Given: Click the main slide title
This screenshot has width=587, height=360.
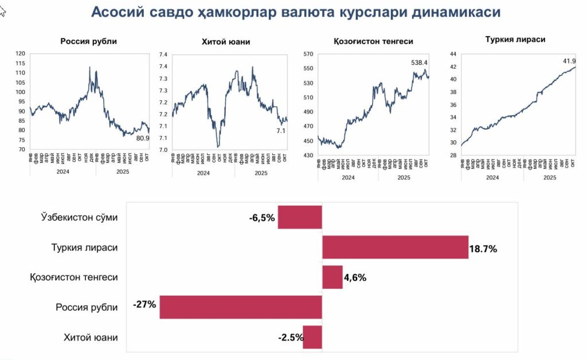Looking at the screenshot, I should pyautogui.click(x=295, y=12).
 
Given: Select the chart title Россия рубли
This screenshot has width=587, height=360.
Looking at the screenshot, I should pyautogui.click(x=89, y=41).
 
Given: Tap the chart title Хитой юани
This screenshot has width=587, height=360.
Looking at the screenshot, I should pyautogui.click(x=226, y=41).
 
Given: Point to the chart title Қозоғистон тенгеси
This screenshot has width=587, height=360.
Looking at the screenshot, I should pyautogui.click(x=373, y=41).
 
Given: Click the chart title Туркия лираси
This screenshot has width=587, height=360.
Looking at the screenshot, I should pyautogui.click(x=515, y=40).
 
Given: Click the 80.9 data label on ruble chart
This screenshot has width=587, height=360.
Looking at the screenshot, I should pyautogui.click(x=143, y=138).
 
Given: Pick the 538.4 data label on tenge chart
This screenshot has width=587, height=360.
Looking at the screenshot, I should pyautogui.click(x=420, y=62).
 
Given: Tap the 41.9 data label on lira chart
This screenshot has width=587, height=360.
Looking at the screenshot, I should pyautogui.click(x=569, y=60).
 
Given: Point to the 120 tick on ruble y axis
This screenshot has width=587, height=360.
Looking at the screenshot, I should pyautogui.click(x=21, y=54).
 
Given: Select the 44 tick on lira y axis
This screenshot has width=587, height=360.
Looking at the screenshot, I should pyautogui.click(x=453, y=54).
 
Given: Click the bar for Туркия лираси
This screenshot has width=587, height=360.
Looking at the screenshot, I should pyautogui.click(x=395, y=247).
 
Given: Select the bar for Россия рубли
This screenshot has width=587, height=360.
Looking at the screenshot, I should pyautogui.click(x=241, y=307).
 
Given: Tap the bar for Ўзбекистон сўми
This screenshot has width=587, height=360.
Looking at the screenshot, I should pyautogui.click(x=300, y=217).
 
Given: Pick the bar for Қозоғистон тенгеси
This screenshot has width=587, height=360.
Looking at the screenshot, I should pyautogui.click(x=332, y=277).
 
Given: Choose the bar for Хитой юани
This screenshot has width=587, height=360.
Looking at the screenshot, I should pyautogui.click(x=312, y=337).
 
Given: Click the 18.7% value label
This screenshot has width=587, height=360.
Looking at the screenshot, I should pyautogui.click(x=483, y=249).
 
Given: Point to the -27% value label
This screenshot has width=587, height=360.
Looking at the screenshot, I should pyautogui.click(x=144, y=304).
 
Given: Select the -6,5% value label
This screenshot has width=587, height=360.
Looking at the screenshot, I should pyautogui.click(x=262, y=218).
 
